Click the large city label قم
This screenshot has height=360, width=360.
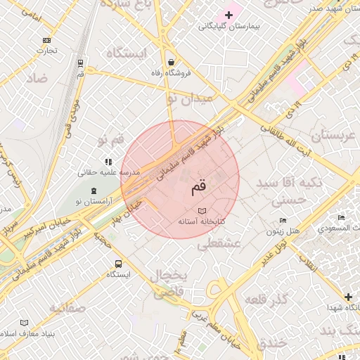tap(199, 188)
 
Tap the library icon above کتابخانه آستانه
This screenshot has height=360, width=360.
tap(202, 211)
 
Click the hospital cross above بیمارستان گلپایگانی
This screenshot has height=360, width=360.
tap(229, 15)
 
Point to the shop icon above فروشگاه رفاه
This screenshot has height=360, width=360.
tap(172, 61)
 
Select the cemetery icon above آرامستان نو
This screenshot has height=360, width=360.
tap(94, 192)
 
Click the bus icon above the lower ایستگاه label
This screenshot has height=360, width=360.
tap(118, 264)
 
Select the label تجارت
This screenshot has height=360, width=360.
tap(46, 50)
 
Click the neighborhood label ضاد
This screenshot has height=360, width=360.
tap(37, 79)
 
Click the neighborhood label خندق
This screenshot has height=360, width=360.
tap(271, 343)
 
